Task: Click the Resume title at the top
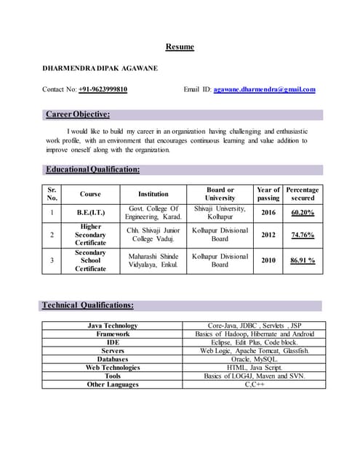click(180, 47)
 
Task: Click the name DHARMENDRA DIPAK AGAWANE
click(100, 68)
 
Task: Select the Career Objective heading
click(78, 114)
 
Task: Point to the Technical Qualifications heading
click(88, 306)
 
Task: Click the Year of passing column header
click(268, 194)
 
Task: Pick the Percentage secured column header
click(303, 194)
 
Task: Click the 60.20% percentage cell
click(303, 213)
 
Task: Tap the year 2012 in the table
click(268, 235)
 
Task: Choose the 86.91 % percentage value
click(303, 259)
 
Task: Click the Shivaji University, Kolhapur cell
click(220, 213)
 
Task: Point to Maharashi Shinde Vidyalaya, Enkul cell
click(153, 260)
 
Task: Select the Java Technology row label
click(113, 325)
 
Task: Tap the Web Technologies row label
click(113, 368)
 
